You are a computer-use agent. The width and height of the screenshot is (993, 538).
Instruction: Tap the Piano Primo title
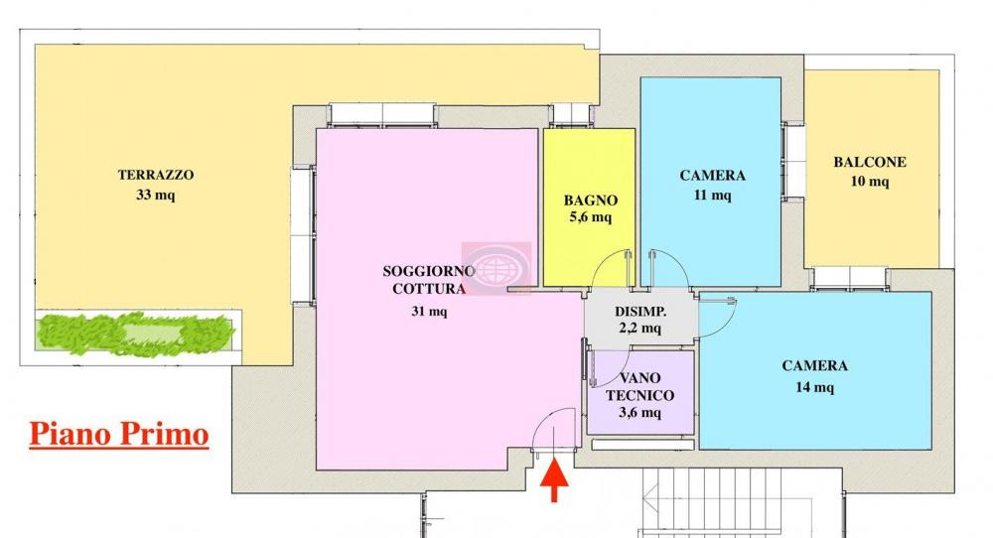tap(119, 434)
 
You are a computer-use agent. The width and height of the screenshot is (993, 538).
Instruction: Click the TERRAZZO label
tap(156, 175)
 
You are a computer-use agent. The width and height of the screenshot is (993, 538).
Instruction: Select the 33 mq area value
tap(156, 196)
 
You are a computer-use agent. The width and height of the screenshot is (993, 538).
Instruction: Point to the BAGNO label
tap(591, 199)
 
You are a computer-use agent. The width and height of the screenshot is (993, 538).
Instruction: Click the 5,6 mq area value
tap(589, 217)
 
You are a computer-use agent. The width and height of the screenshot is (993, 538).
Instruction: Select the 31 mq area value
tap(430, 312)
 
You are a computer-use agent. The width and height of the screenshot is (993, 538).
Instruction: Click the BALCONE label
tap(870, 162)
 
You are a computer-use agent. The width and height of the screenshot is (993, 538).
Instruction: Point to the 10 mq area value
tap(870, 182)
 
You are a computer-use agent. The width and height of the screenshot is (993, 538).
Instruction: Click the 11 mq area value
tap(712, 196)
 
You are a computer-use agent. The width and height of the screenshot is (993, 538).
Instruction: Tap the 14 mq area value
tap(814, 387)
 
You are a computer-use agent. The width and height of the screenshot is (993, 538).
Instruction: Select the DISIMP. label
tap(640, 311)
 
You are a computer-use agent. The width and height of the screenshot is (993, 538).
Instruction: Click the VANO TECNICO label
tap(640, 386)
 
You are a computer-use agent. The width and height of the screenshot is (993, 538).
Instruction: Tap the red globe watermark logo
tap(496, 267)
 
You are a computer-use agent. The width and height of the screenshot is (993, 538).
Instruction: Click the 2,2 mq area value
tap(640, 328)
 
